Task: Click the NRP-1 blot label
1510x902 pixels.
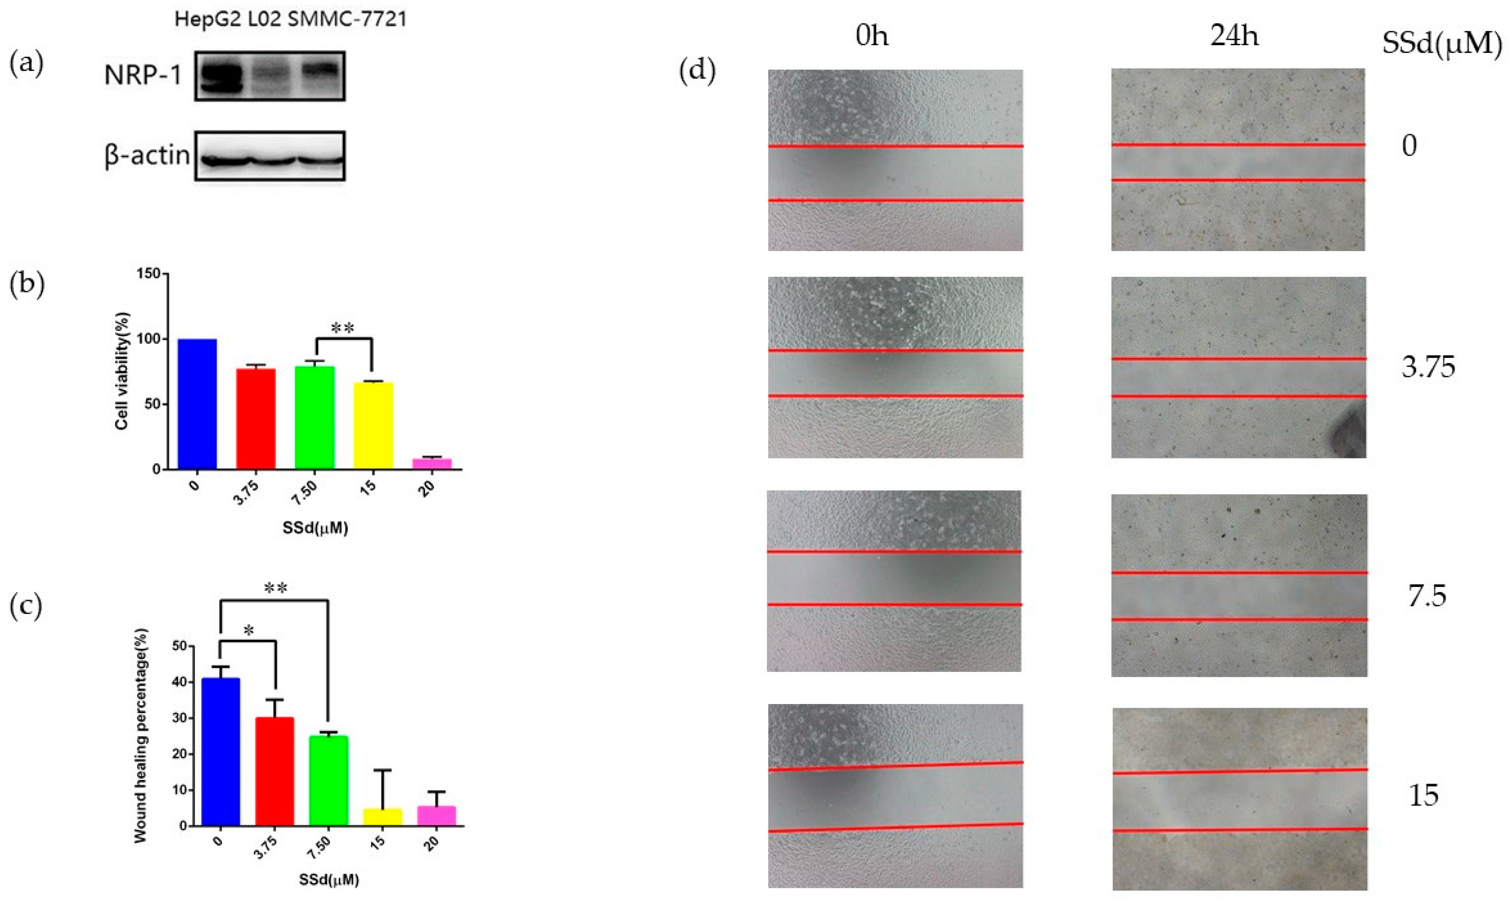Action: (x=143, y=76)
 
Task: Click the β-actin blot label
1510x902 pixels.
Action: (x=147, y=155)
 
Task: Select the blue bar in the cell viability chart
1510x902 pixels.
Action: (x=197, y=404)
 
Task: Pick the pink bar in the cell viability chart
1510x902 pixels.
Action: (x=432, y=464)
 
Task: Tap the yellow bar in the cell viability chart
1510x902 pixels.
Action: (x=373, y=425)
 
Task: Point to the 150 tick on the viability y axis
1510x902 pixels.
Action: (x=152, y=274)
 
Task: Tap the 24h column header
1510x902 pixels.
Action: (x=1234, y=37)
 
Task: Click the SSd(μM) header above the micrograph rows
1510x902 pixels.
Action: (x=1441, y=44)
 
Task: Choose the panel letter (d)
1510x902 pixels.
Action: (x=697, y=71)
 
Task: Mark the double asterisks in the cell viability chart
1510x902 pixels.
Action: (x=342, y=329)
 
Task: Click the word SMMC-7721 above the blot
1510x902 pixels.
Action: (x=347, y=20)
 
